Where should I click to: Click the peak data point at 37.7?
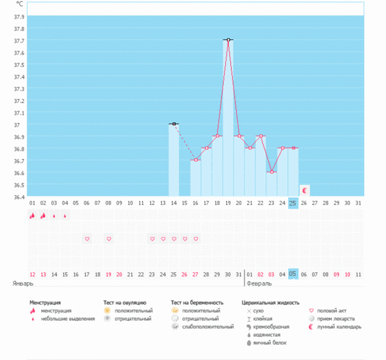[x=228, y=40]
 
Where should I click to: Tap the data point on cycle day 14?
[x=174, y=124]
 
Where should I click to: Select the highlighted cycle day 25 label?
[x=293, y=204]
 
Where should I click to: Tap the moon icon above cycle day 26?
[x=304, y=190]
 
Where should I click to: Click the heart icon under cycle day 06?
[x=87, y=239]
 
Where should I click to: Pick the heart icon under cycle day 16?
[x=196, y=239]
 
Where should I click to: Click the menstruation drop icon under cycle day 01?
[x=32, y=216]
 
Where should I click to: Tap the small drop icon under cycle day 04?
[x=65, y=216]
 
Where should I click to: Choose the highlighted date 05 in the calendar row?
[x=293, y=274]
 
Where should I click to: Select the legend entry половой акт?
[x=335, y=310]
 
